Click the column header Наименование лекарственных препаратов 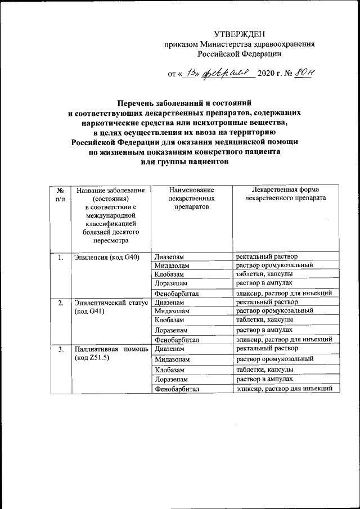click(x=191, y=199)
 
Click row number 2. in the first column click(x=60, y=303)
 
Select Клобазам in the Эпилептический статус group click(x=170, y=319)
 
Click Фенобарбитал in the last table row click(x=177, y=389)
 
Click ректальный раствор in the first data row click(x=263, y=258)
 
